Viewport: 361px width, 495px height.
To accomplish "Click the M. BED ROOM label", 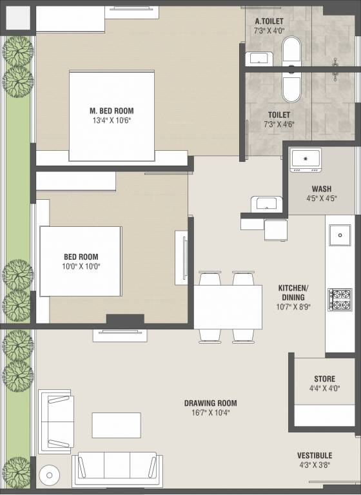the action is click(112, 111).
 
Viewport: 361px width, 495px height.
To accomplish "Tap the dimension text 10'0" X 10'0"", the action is click(81, 266).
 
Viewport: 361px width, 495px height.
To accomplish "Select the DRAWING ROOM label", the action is click(210, 403).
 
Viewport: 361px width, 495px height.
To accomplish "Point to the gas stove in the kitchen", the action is click(340, 300).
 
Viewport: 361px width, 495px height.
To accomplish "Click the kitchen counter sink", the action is click(340, 235).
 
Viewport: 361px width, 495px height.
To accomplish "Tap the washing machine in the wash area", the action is click(306, 160).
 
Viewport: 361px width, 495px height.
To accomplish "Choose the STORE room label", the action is click(324, 379).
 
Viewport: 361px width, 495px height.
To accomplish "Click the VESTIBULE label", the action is click(315, 456).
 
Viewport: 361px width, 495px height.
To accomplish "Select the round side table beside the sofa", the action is click(49, 475).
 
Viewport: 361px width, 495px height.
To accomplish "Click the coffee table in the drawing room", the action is click(117, 425).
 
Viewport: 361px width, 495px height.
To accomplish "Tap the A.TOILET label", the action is click(269, 21).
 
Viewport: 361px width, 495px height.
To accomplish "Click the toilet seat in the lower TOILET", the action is click(291, 88).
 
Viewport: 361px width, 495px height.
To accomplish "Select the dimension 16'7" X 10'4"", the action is click(210, 412).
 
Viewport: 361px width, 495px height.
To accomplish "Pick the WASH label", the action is click(322, 189).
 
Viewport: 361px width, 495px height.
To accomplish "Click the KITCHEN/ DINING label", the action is click(293, 293).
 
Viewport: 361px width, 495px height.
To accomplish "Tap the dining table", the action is click(228, 307).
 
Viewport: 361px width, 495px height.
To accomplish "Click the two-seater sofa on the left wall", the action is click(56, 422).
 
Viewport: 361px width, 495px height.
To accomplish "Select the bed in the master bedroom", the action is click(112, 116).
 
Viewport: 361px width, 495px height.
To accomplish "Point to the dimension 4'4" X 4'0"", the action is click(324, 388).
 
